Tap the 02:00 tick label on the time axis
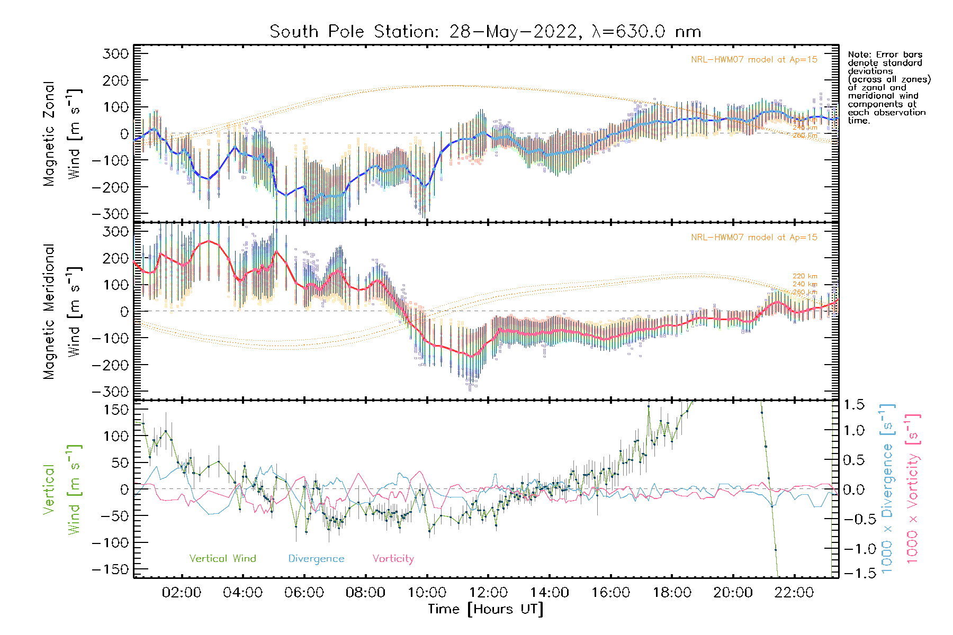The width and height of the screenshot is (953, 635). (x=182, y=593)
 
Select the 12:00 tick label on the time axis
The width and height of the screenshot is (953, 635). (x=488, y=593)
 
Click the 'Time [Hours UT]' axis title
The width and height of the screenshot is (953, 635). (x=486, y=610)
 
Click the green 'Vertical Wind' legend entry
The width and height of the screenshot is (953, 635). (x=222, y=559)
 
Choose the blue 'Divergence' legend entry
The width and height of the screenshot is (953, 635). (x=316, y=559)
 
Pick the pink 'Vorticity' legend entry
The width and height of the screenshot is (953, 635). (x=393, y=559)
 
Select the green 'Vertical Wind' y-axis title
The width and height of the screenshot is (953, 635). (x=61, y=489)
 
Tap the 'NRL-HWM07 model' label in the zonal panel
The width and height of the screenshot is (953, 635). (x=754, y=60)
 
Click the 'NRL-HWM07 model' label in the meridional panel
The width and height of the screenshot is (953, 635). (x=754, y=238)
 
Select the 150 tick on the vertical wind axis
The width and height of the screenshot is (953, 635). (x=116, y=410)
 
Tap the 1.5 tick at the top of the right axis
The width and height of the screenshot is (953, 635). (x=853, y=405)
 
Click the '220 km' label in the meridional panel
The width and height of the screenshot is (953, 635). (x=805, y=276)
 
